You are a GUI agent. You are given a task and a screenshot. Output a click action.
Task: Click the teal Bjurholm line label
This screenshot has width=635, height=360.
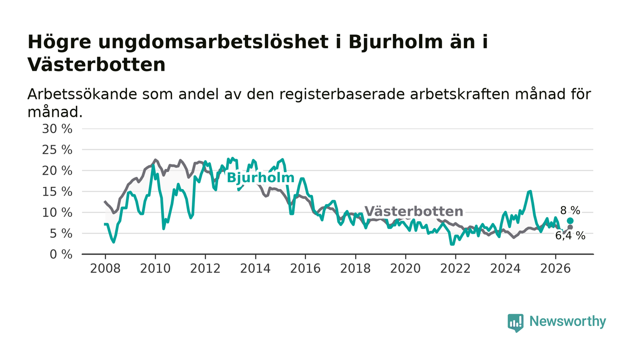[x=260, y=178]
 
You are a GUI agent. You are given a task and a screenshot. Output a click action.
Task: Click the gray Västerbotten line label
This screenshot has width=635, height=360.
[x=414, y=211]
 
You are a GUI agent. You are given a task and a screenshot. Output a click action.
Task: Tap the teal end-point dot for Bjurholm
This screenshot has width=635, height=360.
[x=570, y=221]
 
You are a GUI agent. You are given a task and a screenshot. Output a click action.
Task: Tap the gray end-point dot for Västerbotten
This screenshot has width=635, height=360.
[x=570, y=227]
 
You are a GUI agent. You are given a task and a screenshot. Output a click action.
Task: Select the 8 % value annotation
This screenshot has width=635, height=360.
[x=570, y=211]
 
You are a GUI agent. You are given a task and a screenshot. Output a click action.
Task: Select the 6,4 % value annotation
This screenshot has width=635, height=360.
[x=570, y=236]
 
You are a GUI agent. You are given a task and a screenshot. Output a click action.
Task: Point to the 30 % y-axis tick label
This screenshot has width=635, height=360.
[x=57, y=129]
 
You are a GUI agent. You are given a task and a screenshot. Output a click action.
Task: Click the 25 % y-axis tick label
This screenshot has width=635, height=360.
[x=57, y=150]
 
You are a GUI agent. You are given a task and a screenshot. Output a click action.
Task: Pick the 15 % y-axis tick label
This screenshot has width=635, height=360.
[x=57, y=192]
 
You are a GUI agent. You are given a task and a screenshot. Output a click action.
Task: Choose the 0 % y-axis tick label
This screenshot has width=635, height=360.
[x=61, y=254]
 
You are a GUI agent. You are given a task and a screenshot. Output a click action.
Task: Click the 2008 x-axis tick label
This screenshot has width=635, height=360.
[x=105, y=269]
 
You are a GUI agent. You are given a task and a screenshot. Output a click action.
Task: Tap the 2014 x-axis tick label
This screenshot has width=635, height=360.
[x=255, y=269]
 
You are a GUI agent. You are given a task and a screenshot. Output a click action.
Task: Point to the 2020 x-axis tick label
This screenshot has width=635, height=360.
[x=405, y=269]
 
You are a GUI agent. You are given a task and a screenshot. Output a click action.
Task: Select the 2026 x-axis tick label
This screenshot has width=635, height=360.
[x=555, y=269]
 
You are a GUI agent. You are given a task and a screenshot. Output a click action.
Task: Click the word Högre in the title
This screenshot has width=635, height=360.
[x=59, y=43]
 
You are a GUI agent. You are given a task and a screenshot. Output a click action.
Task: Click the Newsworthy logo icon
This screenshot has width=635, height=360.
[x=516, y=323]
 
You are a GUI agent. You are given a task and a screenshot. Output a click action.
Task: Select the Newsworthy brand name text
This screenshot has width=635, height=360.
[x=567, y=321]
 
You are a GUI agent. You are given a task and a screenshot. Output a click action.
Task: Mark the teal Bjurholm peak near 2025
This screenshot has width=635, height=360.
[x=530, y=191]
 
